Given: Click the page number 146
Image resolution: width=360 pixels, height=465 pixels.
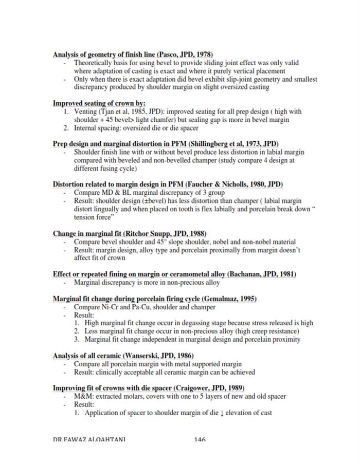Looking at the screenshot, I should pos(200,439).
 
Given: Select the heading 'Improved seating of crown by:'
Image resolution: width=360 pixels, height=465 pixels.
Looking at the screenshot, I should pos(99,103).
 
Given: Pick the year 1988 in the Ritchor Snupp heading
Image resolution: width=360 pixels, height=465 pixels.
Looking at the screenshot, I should pos(197,233).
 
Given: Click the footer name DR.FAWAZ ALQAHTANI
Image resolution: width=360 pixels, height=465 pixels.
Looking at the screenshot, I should pos(90,439).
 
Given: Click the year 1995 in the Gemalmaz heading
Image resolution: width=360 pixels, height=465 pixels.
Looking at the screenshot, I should pos(246,299).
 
